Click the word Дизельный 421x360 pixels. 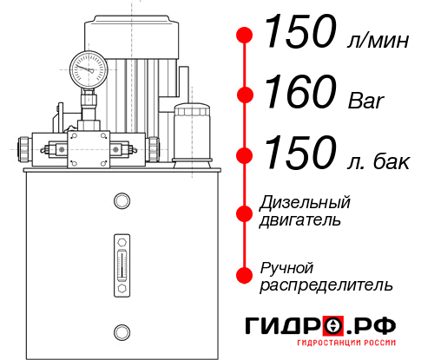pos(305,202)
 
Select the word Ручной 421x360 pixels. pos(287,266)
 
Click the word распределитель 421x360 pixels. pos(326,285)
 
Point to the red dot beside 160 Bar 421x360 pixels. pos(245,95)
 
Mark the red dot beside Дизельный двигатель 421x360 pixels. pos(245,212)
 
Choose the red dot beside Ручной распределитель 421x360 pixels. pos(245,275)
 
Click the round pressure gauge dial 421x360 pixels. pos(89,68)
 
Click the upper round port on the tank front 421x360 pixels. pos(121,202)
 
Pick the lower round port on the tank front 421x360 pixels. pos(121,330)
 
